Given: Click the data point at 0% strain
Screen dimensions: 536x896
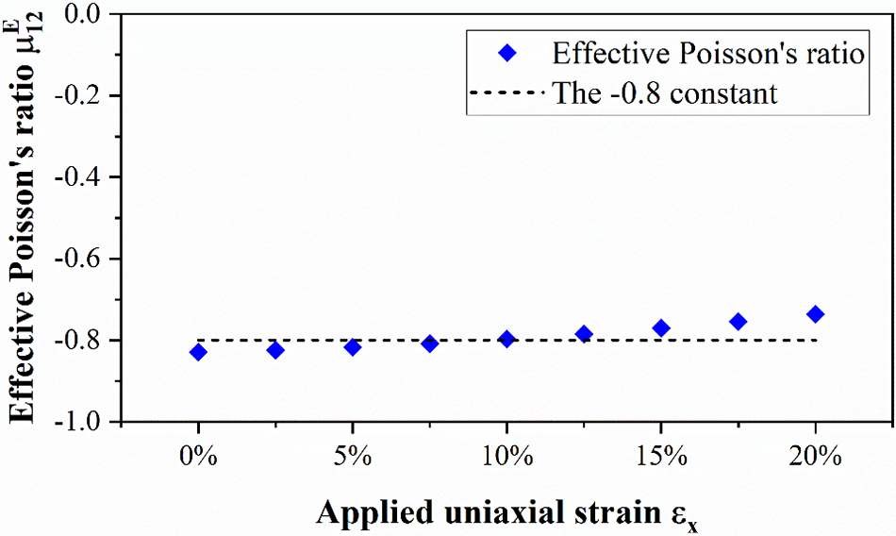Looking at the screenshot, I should pos(198,352).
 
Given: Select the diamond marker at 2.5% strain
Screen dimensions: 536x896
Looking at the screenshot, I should pos(275,350).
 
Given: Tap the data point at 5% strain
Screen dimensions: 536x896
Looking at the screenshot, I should pos(352,347).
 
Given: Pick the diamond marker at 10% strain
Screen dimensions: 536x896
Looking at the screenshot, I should pos(506,339).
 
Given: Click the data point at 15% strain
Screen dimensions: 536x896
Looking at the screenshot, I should pos(661,327).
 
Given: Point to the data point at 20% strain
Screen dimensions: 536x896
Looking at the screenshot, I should pos(816,314).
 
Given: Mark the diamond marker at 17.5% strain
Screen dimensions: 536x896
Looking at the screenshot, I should pos(738,322).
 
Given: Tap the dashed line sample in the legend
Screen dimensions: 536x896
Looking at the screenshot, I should pos(506,93).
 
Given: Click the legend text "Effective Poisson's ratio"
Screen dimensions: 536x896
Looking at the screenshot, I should pos(708,54).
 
